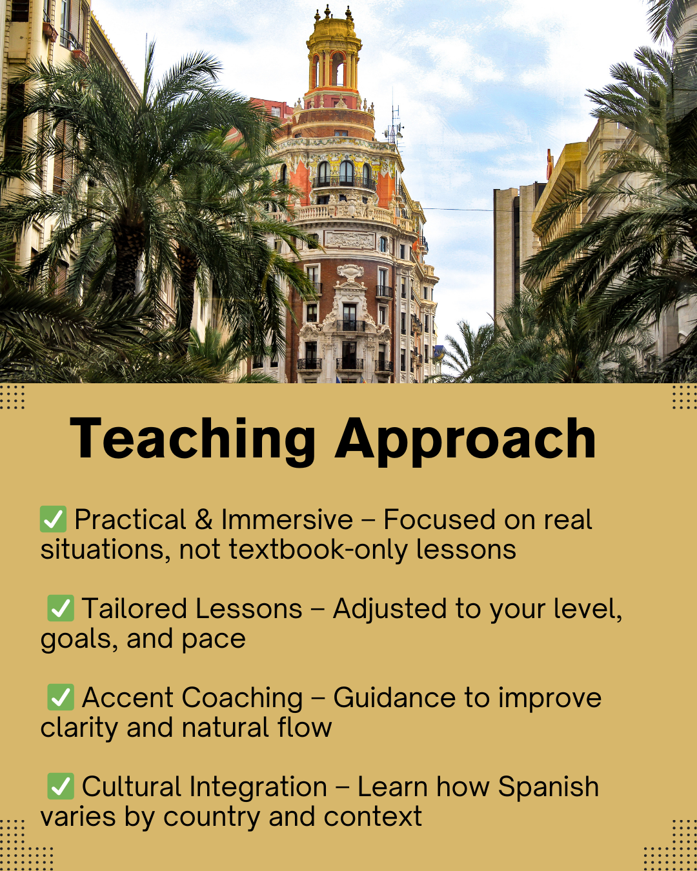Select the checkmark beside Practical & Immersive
[53, 519]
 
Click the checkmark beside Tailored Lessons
[61, 608]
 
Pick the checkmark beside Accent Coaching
[61, 697]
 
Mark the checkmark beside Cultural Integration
[61, 786]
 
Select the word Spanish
[549, 788]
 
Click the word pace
[214, 640]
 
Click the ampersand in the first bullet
[204, 519]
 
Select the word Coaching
[242, 699]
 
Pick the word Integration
[258, 788]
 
